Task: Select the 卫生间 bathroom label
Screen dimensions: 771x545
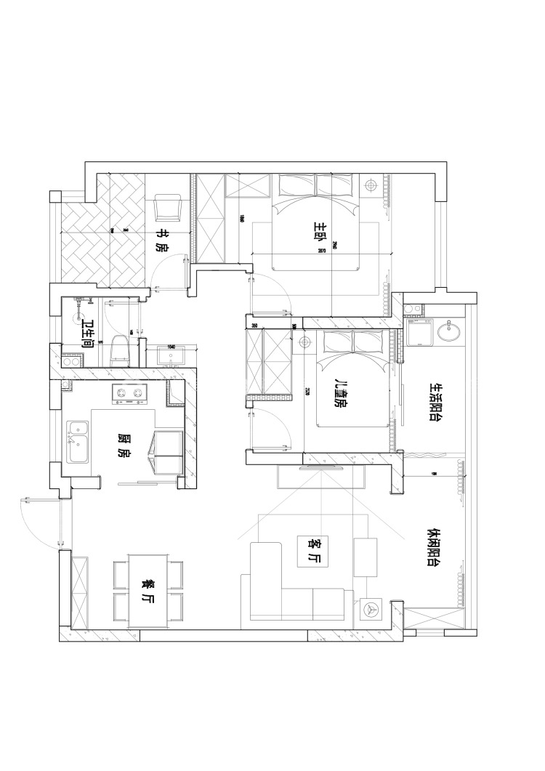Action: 87,332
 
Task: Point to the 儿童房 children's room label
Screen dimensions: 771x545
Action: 339,393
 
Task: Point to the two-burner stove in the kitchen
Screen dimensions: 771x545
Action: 128,395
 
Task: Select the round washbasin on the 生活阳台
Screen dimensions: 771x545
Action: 448,332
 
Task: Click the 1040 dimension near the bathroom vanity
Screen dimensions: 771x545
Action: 172,347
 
